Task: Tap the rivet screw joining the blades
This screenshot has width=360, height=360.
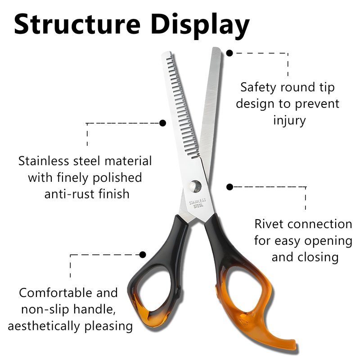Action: pos(195,185)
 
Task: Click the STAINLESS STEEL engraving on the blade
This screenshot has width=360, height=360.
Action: pos(197,203)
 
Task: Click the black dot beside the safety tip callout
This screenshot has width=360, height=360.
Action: pos(229,53)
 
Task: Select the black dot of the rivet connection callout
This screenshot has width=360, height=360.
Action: pos(229,186)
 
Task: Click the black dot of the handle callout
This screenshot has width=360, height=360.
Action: pos(143,255)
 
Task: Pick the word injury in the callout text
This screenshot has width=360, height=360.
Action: pos(289,121)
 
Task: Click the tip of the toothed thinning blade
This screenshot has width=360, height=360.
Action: pos(166,56)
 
